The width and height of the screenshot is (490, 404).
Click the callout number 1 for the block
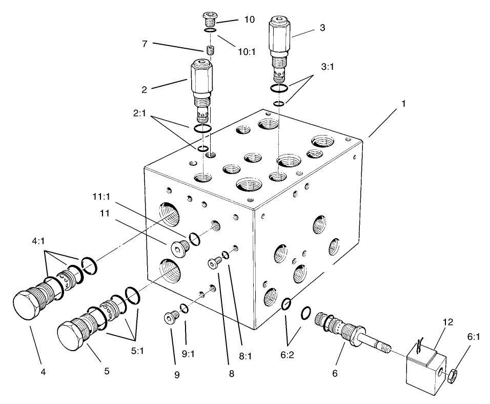point(404,104)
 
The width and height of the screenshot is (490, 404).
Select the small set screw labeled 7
point(209,50)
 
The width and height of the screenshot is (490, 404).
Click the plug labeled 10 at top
point(209,21)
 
